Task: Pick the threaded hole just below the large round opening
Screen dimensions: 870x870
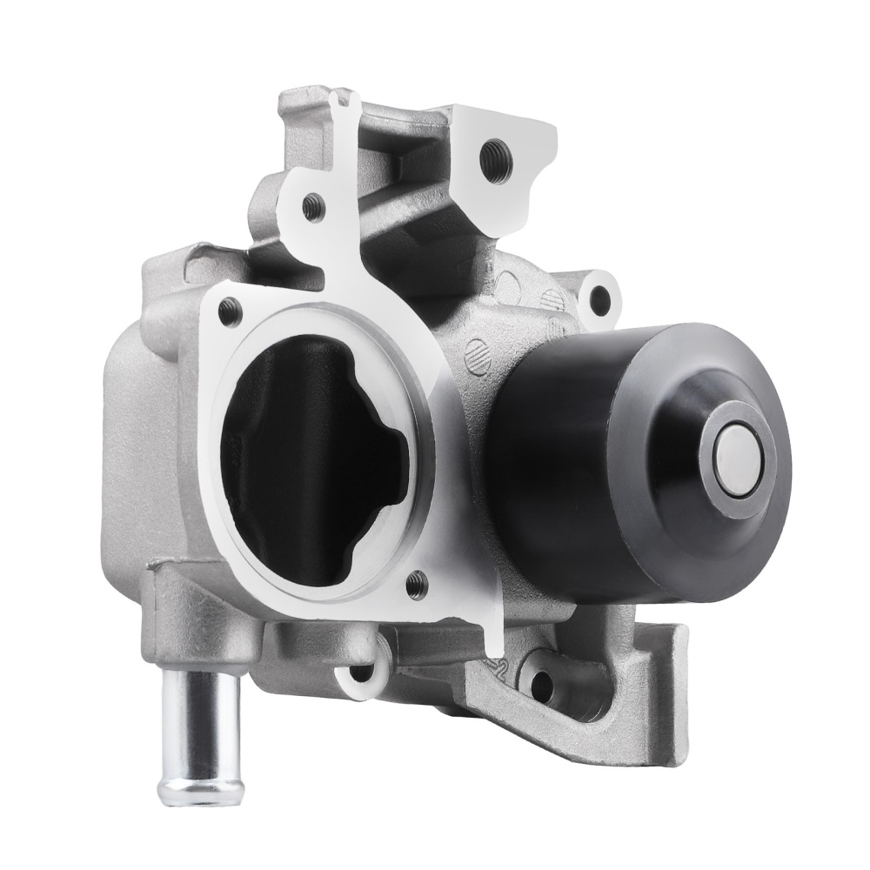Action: coord(416,579)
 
